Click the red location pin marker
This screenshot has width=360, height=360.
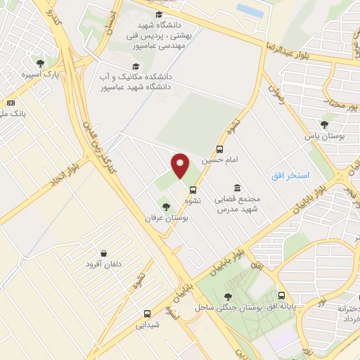click(181, 166)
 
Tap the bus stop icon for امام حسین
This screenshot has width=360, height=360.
click(220, 149)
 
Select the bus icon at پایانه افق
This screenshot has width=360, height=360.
click(282, 296)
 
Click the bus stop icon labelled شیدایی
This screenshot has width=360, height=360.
click(147, 314)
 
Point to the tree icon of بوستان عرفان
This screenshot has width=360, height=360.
click(166, 207)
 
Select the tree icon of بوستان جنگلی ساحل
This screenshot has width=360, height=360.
click(228, 297)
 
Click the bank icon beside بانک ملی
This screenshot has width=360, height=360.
click(11, 103)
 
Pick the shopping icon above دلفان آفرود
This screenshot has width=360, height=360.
click(104, 253)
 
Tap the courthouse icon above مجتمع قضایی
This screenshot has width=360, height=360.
click(236, 188)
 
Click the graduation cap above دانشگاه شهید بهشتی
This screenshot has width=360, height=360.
click(159, 14)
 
